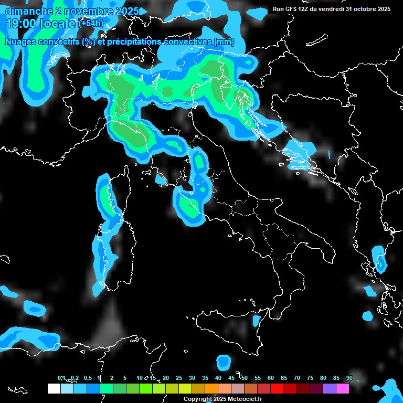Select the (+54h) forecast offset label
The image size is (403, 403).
tap(90, 24)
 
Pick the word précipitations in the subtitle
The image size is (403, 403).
tap(134, 42)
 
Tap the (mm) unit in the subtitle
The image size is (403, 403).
tap(224, 42)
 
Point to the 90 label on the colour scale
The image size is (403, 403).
tap(349, 378)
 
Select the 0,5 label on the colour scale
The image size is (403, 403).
tap(87, 378)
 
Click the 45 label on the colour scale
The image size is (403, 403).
tap(231, 378)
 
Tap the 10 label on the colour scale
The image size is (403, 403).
tap(140, 378)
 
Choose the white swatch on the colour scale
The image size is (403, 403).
tap(54, 389)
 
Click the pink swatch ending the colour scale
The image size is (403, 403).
tap(343, 389)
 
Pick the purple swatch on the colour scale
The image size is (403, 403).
tap(330, 389)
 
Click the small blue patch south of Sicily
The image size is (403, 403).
tap(224, 362)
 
